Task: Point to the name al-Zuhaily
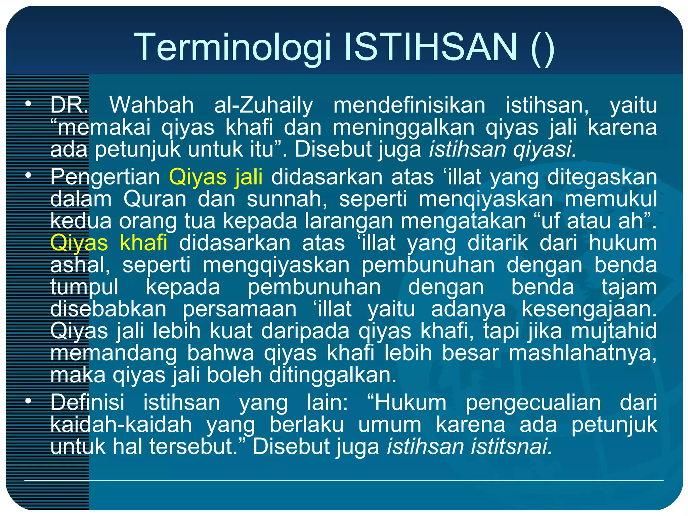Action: [x=263, y=105]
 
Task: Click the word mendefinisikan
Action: [x=409, y=105]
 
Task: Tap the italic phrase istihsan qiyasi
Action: [x=502, y=149]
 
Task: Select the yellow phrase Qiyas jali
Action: [x=216, y=177]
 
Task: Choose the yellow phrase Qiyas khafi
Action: [x=109, y=243]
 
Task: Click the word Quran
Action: [x=155, y=199]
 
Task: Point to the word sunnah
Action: [x=287, y=199]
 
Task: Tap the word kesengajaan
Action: [x=589, y=309]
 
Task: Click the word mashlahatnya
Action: [x=582, y=353]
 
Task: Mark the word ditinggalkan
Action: [x=333, y=375]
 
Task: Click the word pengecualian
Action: [x=533, y=402]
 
